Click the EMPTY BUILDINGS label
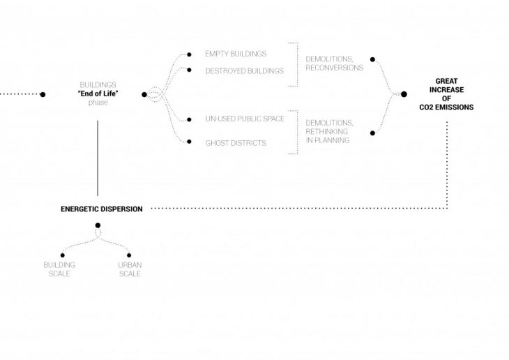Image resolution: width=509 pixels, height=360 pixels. (235, 54)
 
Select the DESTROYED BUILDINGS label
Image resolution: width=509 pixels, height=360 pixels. (245, 70)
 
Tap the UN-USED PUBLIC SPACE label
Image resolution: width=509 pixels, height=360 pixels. (245, 119)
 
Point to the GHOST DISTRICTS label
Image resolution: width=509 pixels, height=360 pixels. (236, 143)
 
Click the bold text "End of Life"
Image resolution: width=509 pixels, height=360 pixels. (98, 94)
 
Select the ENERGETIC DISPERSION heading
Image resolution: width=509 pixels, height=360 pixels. (102, 208)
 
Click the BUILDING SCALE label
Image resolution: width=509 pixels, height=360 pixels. (59, 269)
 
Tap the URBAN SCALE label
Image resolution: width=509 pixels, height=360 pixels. (129, 269)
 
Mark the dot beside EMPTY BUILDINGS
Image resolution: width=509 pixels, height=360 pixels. (189, 54)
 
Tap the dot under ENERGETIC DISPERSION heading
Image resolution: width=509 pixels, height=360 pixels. (98, 225)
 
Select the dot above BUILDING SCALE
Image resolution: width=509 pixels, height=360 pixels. (62, 255)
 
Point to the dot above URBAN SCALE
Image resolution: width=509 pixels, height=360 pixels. (129, 255)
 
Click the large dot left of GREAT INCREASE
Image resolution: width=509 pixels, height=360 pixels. (404, 94)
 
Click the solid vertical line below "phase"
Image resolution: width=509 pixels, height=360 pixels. (98, 157)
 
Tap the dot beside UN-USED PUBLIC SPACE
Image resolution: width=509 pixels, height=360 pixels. (189, 119)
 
